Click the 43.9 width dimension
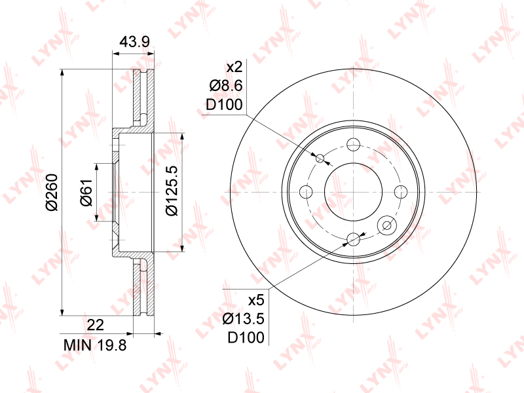(x=135, y=41)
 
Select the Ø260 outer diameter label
(x=52, y=192)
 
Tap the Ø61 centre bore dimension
(x=86, y=192)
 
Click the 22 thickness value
(x=95, y=324)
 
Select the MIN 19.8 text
(x=95, y=345)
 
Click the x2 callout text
(x=234, y=67)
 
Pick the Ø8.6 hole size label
(x=226, y=86)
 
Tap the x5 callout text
(x=256, y=300)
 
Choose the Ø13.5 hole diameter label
(x=243, y=319)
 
